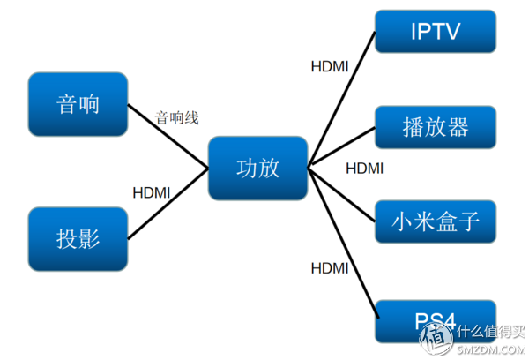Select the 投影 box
click(78, 238)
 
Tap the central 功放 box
click(257, 168)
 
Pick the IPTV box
click(436, 33)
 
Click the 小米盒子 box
click(436, 221)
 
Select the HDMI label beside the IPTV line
click(331, 65)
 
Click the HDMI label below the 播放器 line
click(364, 168)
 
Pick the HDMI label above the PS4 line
click(331, 267)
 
